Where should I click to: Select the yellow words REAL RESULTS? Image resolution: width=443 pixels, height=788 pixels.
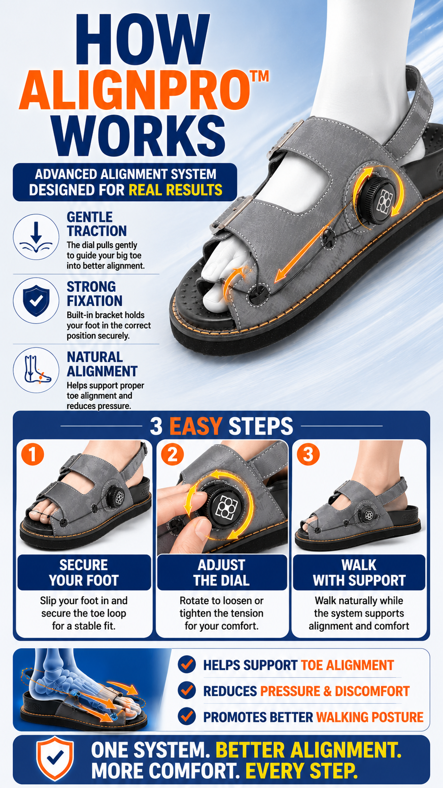coord(176,190)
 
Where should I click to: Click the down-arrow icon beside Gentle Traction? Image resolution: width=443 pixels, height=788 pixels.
coord(36,237)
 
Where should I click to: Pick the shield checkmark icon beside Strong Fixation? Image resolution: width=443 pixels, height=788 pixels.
coord(36,300)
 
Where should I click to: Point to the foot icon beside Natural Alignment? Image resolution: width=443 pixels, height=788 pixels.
coord(36,370)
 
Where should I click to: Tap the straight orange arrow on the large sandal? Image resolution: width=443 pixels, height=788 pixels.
coord(302,254)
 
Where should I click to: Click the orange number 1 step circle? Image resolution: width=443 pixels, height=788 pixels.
coord(32,454)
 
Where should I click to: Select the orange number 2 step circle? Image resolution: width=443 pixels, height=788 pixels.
coord(172,454)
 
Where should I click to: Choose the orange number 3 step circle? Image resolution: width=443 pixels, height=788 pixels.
coord(308,454)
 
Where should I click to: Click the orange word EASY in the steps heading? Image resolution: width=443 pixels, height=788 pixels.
coord(196,426)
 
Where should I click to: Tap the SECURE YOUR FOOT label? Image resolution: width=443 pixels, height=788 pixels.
coord(84,572)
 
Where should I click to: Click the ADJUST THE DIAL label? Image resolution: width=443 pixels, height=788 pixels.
coord(221,572)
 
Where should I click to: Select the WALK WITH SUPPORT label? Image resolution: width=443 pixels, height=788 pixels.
coord(359,572)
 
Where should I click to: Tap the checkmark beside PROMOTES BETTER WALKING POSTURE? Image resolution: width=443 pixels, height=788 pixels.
coord(186,716)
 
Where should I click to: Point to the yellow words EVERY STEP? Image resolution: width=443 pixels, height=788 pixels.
coord(301,771)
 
